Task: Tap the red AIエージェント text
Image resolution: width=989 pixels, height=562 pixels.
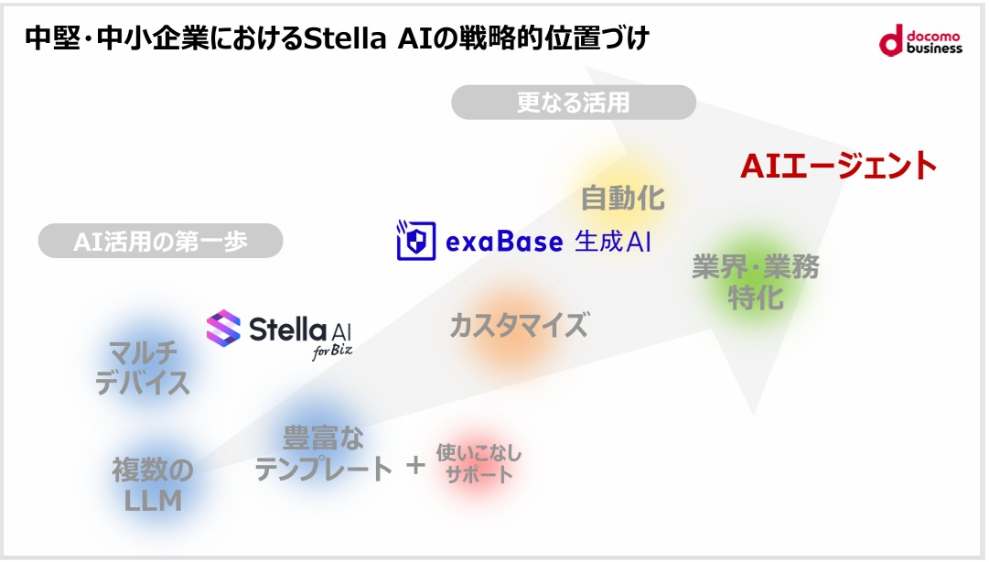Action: (838, 167)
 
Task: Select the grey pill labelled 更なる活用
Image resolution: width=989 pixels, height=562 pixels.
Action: (574, 103)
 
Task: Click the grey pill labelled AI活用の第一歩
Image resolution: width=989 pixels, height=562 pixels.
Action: (160, 241)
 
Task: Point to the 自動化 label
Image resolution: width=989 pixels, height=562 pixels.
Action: (623, 197)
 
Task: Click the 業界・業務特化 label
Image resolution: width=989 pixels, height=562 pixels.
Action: (756, 282)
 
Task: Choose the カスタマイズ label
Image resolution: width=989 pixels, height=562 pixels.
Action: (518, 325)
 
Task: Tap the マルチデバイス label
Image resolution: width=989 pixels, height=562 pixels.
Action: (144, 367)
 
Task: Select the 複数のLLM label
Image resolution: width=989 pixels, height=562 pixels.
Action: (153, 485)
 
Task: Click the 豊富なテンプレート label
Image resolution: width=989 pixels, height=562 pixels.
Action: (323, 453)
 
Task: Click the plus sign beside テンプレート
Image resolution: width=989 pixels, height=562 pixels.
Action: (416, 466)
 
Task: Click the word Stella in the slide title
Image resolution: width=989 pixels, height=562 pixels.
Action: (344, 39)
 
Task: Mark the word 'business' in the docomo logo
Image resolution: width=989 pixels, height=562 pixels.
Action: (934, 48)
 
